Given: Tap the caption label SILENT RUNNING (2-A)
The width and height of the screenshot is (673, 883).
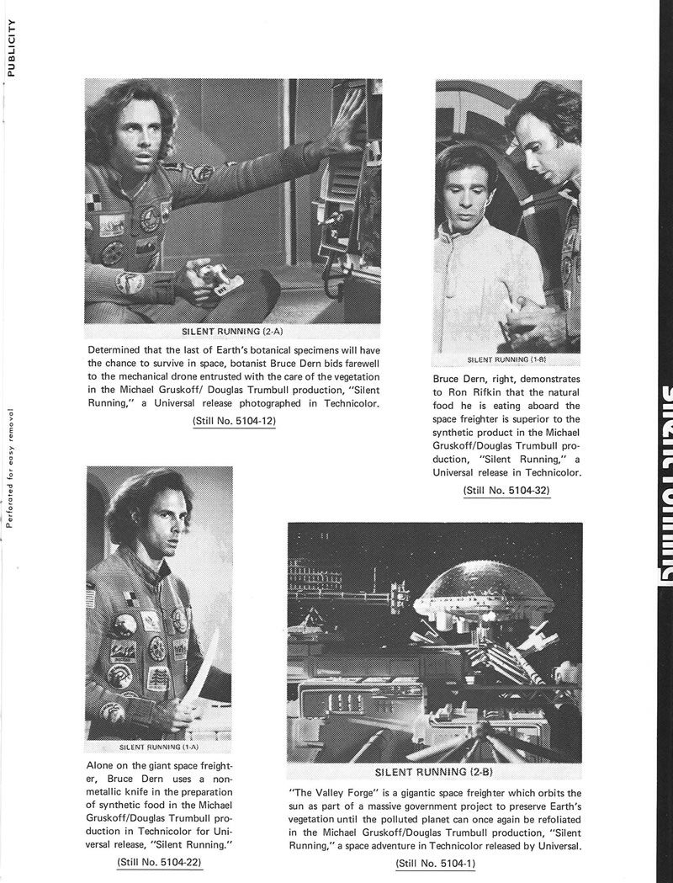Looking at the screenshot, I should (233, 331).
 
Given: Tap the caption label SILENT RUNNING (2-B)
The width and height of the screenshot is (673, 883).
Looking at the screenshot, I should (435, 771).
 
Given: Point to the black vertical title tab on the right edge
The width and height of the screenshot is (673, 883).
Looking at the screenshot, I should (659, 488).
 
